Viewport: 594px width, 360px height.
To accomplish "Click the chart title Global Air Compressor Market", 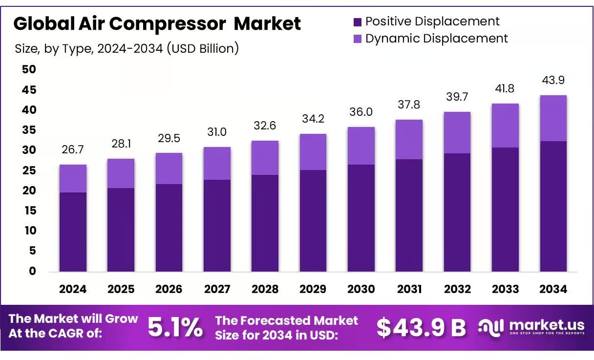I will [x=157, y=23].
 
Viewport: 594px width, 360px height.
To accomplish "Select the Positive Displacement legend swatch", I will [x=357, y=21].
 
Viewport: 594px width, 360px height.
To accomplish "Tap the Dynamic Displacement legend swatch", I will [x=357, y=39].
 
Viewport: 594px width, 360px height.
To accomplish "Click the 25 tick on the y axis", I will [x=29, y=170].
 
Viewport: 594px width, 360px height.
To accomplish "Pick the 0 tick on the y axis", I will [x=32, y=271].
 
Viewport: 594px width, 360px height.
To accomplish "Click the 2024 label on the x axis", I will [x=73, y=289].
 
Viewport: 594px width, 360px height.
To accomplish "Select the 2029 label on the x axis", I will [x=313, y=289].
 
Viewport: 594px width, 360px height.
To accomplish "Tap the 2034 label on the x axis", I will [x=553, y=289].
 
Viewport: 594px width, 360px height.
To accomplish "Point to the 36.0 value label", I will [x=361, y=112].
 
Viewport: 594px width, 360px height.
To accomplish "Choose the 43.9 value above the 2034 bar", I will [x=553, y=80].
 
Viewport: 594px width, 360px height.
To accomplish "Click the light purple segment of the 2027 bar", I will [x=217, y=163].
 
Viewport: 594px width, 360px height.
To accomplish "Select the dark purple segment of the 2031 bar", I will [x=409, y=215].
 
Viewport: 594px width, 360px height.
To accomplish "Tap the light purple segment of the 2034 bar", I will [x=553, y=118].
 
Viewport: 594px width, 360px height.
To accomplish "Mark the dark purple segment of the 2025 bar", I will [x=121, y=230].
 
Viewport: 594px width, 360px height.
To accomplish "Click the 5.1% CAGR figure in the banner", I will [x=175, y=328].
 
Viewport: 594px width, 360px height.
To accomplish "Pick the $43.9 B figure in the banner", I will [x=421, y=328].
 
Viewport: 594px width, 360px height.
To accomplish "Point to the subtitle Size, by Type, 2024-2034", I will [x=127, y=48].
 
